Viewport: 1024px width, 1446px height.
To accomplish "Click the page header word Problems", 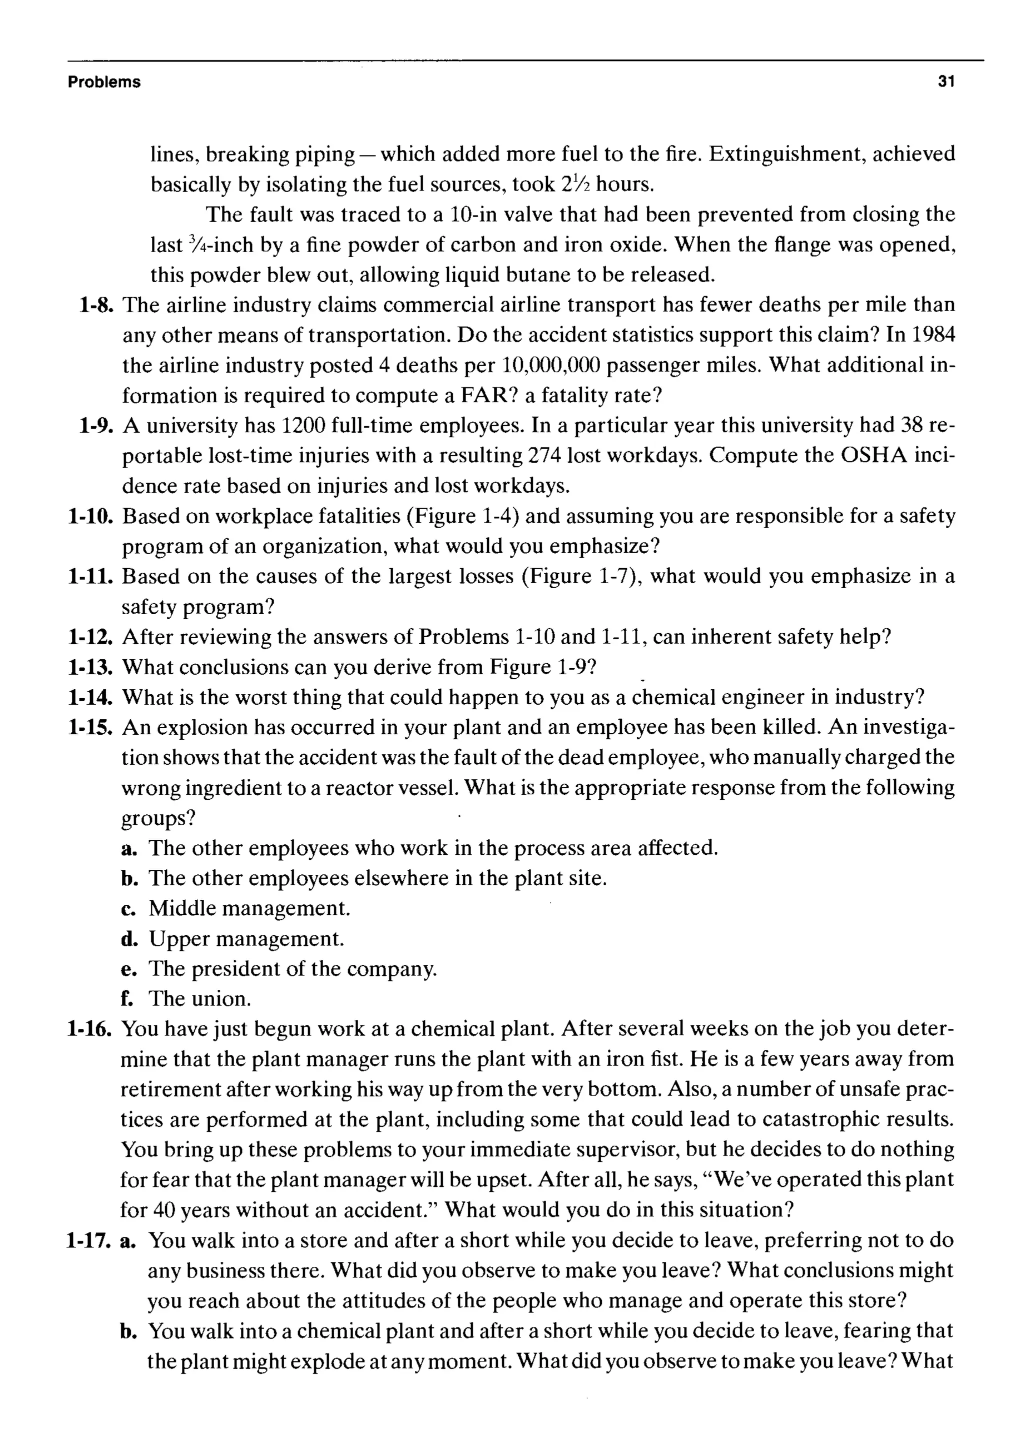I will point(104,82).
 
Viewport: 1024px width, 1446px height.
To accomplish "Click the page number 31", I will point(946,82).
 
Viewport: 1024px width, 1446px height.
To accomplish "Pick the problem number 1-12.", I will point(90,637).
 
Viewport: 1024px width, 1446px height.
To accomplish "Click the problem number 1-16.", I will point(90,1029).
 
